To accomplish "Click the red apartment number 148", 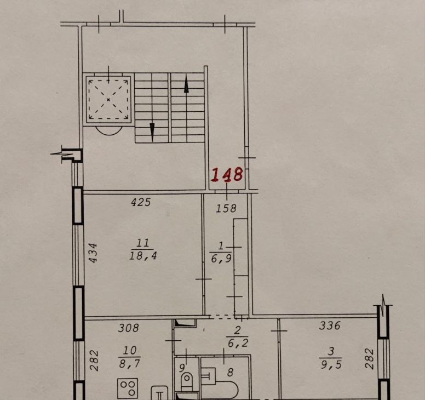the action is pyautogui.click(x=227, y=174).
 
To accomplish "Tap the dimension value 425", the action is pyautogui.click(x=141, y=202).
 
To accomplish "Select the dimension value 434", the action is pyautogui.click(x=93, y=253).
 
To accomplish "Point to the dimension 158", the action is pyautogui.click(x=226, y=208).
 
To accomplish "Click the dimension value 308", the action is pyautogui.click(x=129, y=328).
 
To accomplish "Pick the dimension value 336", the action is pyautogui.click(x=330, y=325).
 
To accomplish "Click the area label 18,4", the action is pyautogui.click(x=143, y=255).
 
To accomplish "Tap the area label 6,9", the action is pyautogui.click(x=221, y=259).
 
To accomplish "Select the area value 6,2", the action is pyautogui.click(x=238, y=344).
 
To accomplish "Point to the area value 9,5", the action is pyautogui.click(x=331, y=365).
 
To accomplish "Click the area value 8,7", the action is pyautogui.click(x=130, y=363).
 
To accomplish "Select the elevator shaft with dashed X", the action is pyautogui.click(x=108, y=99).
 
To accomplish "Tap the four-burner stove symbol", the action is pyautogui.click(x=128, y=388).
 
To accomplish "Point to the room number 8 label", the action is pyautogui.click(x=230, y=373).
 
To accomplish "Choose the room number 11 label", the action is pyautogui.click(x=142, y=243).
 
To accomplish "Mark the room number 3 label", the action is pyautogui.click(x=331, y=352).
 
